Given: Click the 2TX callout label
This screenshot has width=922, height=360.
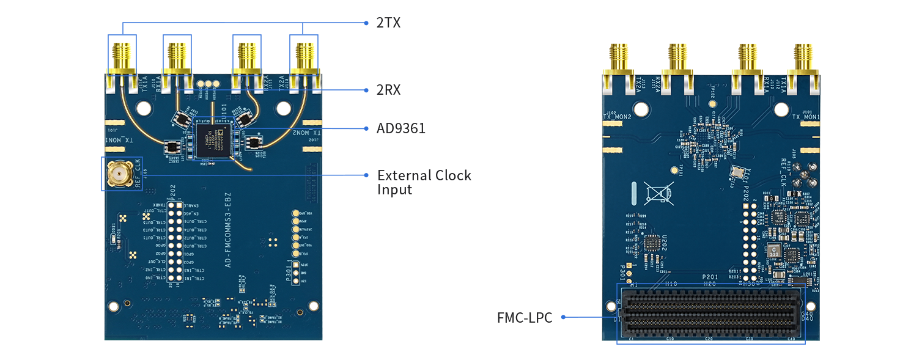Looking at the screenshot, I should click(x=388, y=23).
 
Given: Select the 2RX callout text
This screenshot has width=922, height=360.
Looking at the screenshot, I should click(x=389, y=90).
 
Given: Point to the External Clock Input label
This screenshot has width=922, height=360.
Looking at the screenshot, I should click(x=424, y=182).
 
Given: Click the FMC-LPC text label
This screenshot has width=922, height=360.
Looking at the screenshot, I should click(x=524, y=318).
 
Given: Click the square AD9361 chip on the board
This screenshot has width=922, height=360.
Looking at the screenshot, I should click(x=214, y=139).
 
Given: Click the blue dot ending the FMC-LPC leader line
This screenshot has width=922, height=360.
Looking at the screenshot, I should click(x=562, y=317).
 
